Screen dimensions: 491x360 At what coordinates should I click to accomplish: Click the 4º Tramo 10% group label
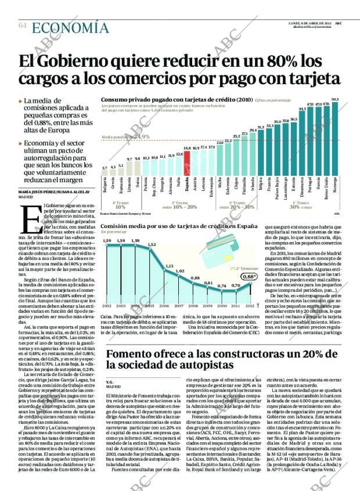(x=120, y=205)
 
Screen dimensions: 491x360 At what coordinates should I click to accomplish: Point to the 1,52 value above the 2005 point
(x=152, y=245)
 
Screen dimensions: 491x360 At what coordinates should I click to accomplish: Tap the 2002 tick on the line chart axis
(x=107, y=305)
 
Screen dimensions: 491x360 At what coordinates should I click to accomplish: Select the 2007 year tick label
(x=179, y=305)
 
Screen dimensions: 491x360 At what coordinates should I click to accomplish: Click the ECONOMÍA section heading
(x=70, y=28)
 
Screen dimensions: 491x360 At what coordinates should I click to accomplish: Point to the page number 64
(x=23, y=26)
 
